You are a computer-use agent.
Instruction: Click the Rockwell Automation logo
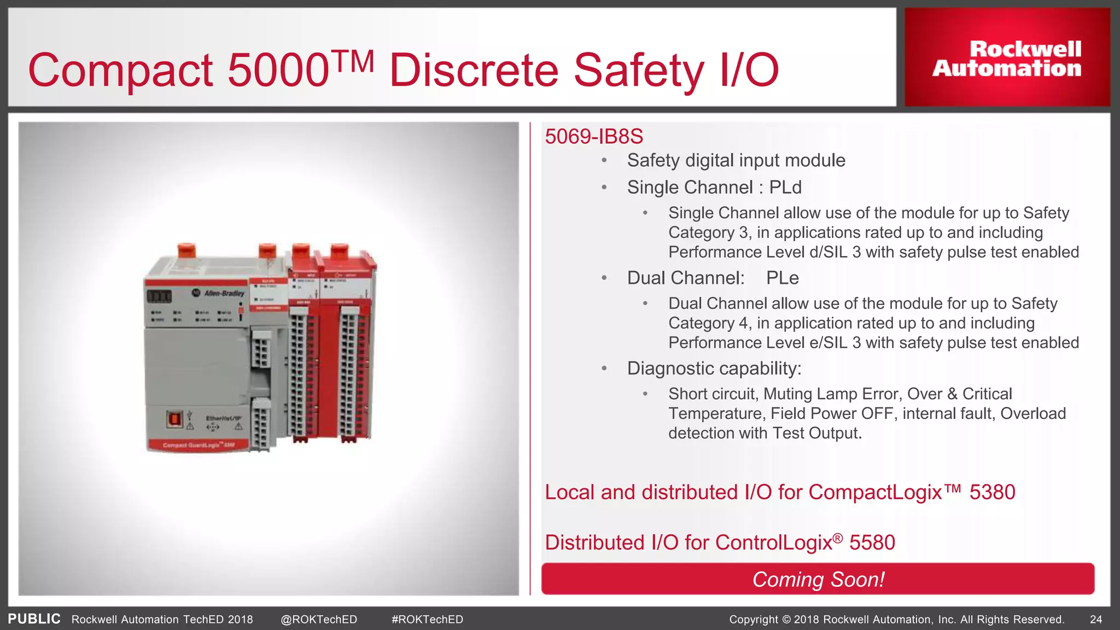(1007, 58)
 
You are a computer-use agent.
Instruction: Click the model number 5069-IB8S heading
(594, 136)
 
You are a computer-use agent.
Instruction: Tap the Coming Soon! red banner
(818, 579)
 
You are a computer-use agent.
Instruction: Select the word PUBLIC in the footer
(34, 619)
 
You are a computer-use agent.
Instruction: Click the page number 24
(1095, 619)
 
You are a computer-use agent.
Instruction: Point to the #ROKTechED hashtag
(427, 619)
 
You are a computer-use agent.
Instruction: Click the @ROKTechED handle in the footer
(319, 619)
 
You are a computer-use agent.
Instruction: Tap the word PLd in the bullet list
(785, 188)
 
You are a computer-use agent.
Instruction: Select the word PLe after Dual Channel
(782, 278)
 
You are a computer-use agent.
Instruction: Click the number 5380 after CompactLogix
(992, 492)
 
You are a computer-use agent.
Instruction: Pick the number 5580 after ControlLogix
(872, 542)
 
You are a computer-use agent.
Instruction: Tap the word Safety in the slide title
(639, 71)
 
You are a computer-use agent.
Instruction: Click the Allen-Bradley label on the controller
(224, 293)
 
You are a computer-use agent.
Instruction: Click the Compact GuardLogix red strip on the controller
(198, 445)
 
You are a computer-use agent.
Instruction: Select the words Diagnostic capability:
(714, 369)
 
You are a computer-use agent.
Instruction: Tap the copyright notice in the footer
(896, 619)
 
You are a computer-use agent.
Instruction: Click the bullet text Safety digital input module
(736, 160)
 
